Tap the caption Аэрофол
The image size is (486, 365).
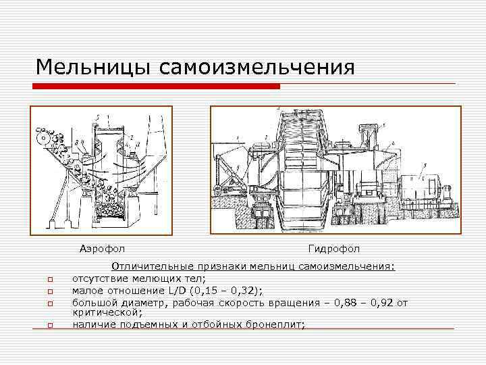[x=103, y=249]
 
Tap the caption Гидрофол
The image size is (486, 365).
[x=334, y=249]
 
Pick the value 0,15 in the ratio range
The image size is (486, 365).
[x=205, y=290]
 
